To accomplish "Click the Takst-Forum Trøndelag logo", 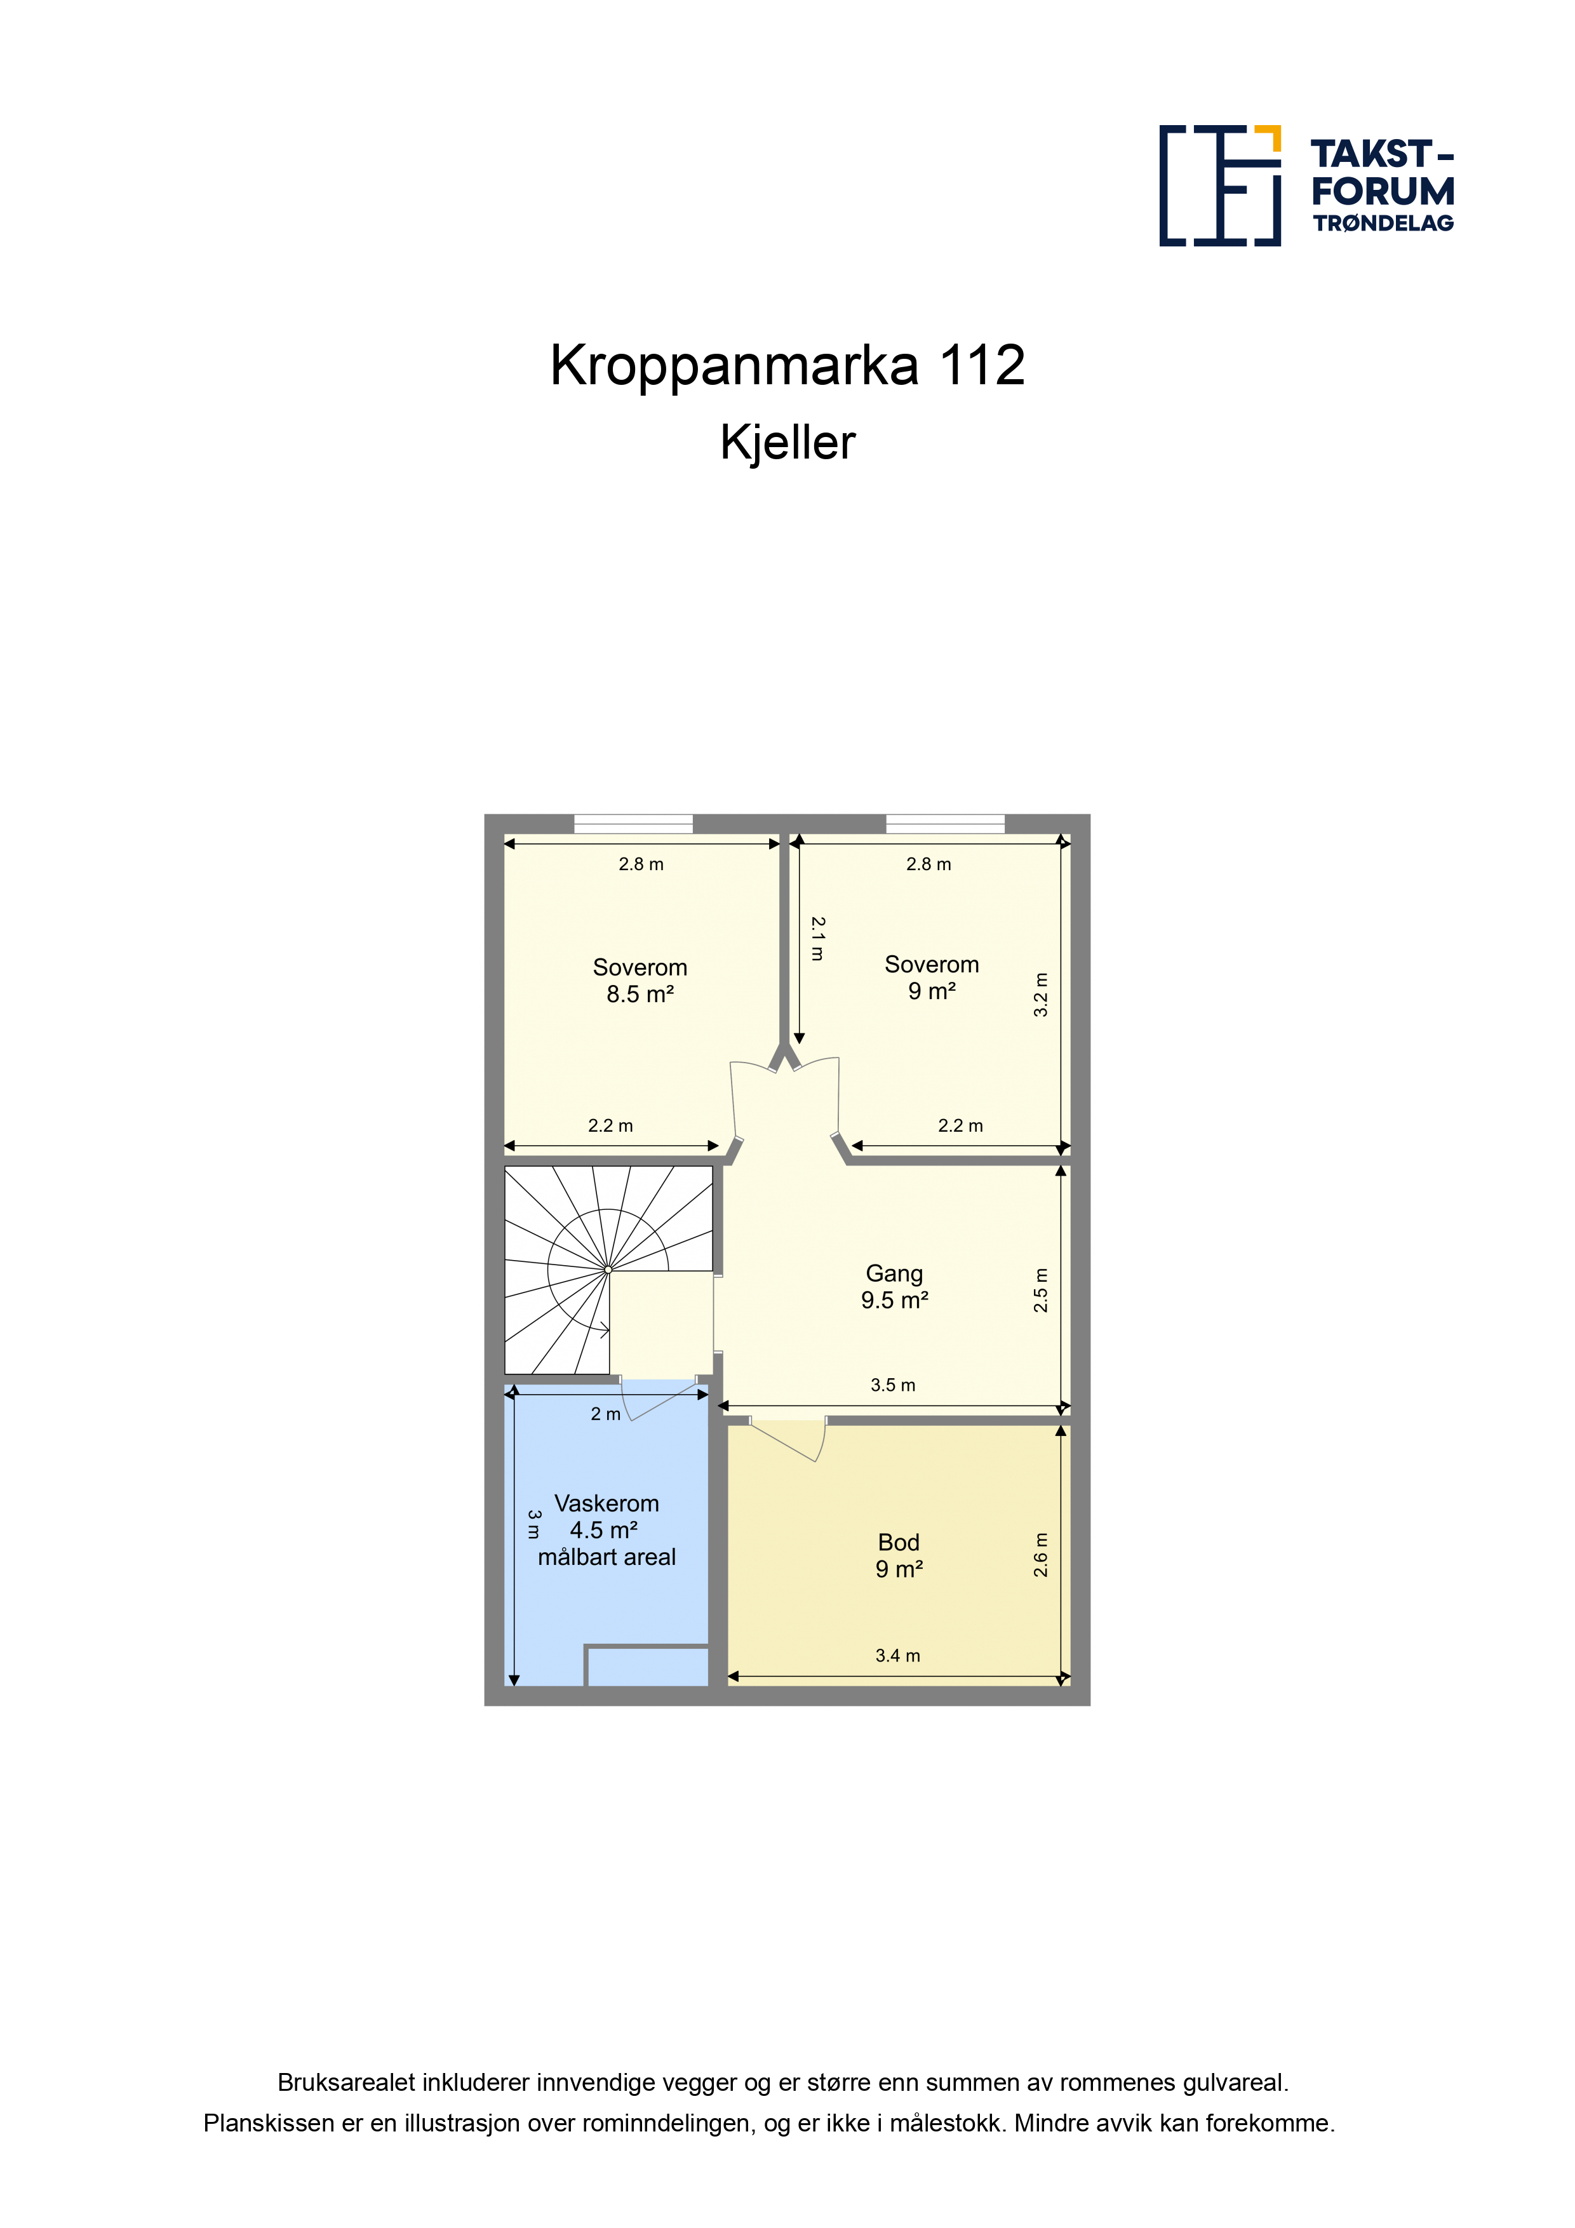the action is click(x=1306, y=185).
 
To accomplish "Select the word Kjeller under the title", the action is click(x=787, y=443).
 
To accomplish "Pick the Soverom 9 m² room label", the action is click(x=932, y=977).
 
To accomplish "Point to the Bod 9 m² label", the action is click(x=899, y=1555).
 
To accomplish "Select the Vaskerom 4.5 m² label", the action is click(x=607, y=1529).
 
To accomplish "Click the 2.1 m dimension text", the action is click(x=818, y=938).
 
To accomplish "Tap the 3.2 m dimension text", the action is click(x=1040, y=995).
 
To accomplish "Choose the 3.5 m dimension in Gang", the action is click(x=893, y=1385).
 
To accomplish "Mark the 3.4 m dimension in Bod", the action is click(x=897, y=1656).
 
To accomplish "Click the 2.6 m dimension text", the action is click(x=1040, y=1555).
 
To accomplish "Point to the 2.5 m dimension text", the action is click(x=1040, y=1290).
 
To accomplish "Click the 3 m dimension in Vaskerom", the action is click(x=533, y=1524).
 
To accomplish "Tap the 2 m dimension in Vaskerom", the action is click(x=605, y=1414).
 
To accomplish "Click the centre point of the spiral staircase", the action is click(x=608, y=1269).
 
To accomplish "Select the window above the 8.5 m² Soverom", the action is click(x=634, y=824).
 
